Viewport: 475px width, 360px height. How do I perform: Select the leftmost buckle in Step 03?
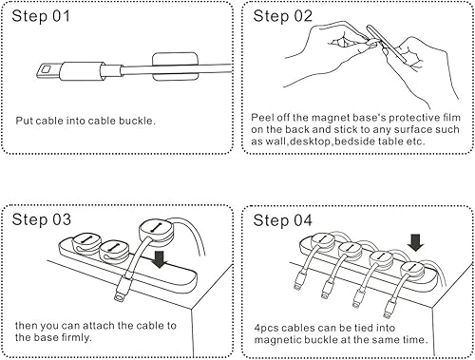coord(85,250)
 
